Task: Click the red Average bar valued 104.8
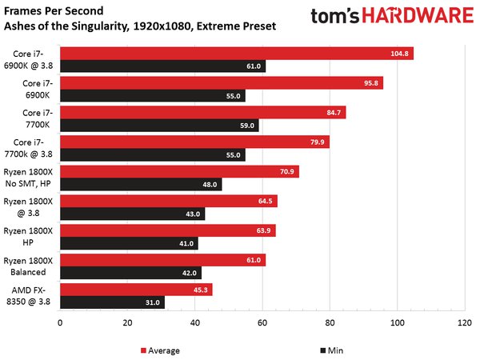pyautogui.click(x=236, y=54)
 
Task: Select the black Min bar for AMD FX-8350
pyautogui.click(x=112, y=302)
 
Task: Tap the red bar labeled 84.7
pyautogui.click(x=202, y=113)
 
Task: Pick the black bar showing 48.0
pyautogui.click(x=141, y=185)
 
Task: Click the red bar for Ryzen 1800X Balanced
pyautogui.click(x=162, y=260)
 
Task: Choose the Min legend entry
pyautogui.click(x=330, y=350)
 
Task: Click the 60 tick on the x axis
pyautogui.click(x=262, y=323)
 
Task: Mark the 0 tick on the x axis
pyautogui.click(x=60, y=323)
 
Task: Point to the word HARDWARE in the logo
pyautogui.click(x=422, y=16)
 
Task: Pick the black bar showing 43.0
pyautogui.click(x=132, y=214)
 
